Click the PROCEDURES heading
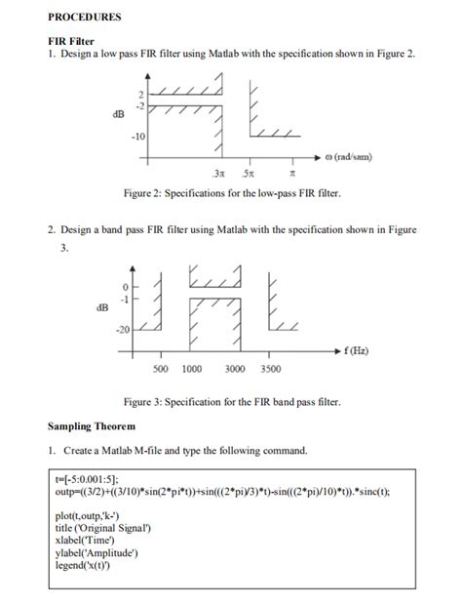(85, 18)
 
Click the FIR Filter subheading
(74, 40)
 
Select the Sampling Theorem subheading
(92, 426)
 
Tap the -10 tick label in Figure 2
(139, 137)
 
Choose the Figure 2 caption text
(231, 193)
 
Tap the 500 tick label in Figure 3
(161, 369)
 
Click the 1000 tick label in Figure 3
(193, 369)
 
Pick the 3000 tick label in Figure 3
(235, 369)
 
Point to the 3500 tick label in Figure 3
(271, 369)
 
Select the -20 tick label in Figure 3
(123, 329)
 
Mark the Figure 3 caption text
(231, 402)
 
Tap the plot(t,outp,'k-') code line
(93, 514)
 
